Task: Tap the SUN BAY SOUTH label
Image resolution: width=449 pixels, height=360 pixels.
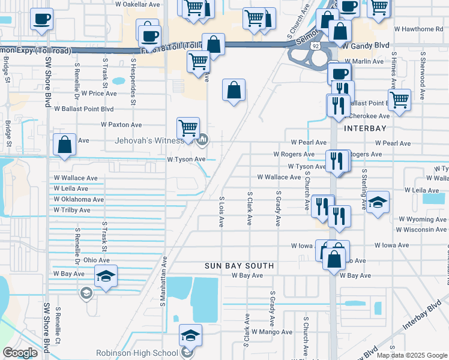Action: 239,265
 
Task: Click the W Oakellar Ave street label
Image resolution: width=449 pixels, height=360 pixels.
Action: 138,4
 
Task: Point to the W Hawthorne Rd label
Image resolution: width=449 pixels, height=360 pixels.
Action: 418,29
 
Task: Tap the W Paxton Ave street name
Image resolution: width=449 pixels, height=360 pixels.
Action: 121,125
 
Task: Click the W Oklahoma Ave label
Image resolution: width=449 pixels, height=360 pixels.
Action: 79,200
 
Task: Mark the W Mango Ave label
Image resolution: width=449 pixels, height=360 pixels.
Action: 271,332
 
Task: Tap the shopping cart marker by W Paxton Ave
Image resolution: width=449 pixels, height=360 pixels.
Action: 188,128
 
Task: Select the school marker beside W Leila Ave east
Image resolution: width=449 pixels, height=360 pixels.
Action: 378,202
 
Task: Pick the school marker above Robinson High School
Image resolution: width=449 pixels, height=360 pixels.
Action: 190,335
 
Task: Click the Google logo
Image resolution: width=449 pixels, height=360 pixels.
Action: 20,353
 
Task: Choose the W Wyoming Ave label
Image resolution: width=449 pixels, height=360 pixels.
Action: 421,220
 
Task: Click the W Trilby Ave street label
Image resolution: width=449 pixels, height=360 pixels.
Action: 71,211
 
